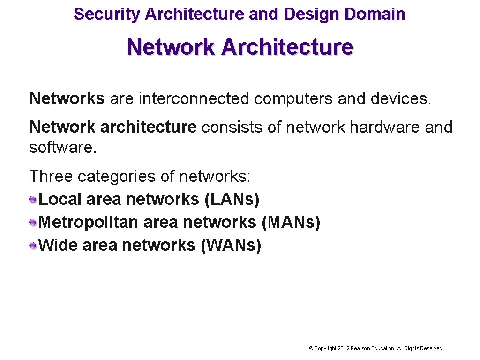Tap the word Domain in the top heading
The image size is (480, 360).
[x=375, y=14]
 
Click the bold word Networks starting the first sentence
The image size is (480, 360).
[x=67, y=98]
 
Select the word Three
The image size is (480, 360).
[x=51, y=177]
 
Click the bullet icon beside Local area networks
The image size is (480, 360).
[x=33, y=200]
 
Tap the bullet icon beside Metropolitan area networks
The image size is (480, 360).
[x=33, y=223]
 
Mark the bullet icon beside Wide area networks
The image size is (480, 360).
[x=33, y=245]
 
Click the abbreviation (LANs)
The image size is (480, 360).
[x=232, y=200]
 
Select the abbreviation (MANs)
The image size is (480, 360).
[x=291, y=222]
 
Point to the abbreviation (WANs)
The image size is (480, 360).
[x=231, y=245]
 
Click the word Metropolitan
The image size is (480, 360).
[x=89, y=222]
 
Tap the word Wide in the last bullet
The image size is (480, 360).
[x=58, y=245]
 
